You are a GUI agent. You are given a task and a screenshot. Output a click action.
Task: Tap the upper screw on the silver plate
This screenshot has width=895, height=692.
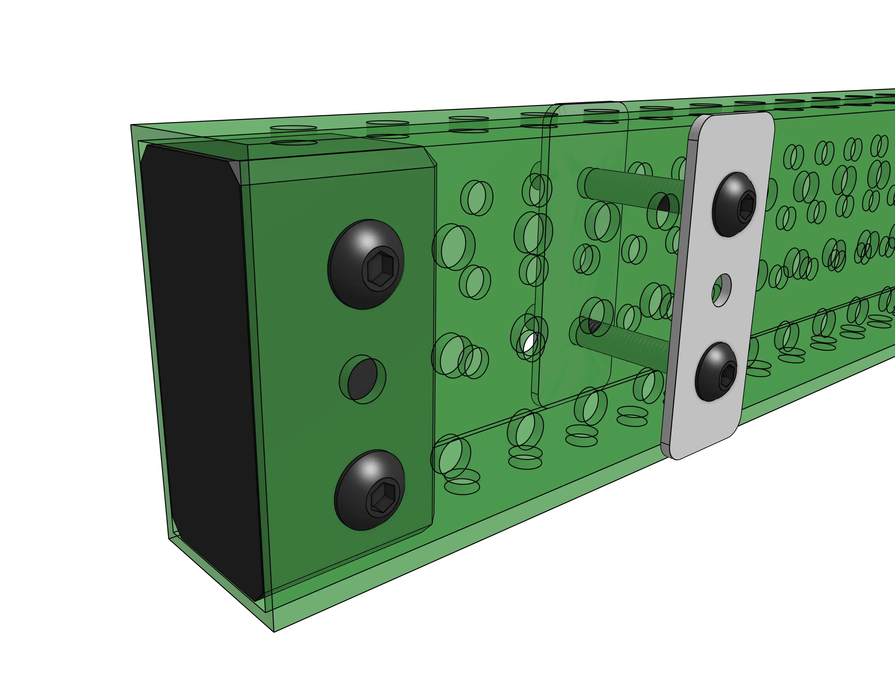pyautogui.click(x=734, y=205)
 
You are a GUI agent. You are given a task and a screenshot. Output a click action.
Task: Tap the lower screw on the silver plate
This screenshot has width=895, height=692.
pyautogui.click(x=716, y=371)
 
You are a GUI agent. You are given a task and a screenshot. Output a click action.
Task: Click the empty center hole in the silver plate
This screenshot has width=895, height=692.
pyautogui.click(x=722, y=290)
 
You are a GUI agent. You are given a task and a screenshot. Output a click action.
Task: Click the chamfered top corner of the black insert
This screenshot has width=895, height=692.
pyautogui.click(x=241, y=172)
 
